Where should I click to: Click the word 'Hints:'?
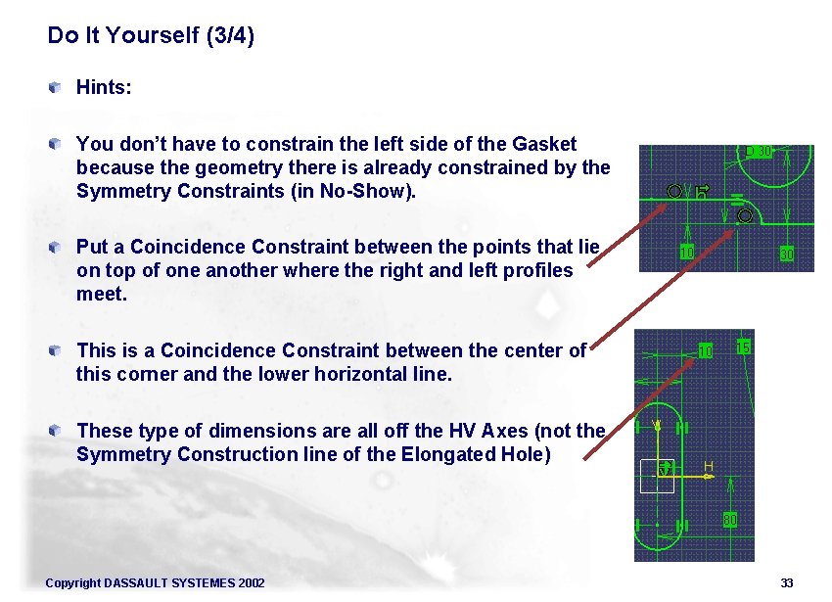point(104,88)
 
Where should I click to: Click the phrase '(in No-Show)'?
point(366,191)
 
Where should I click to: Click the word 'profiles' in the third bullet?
point(538,270)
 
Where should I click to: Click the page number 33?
point(787,583)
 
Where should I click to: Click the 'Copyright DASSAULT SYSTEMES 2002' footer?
point(155,583)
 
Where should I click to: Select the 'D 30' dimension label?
point(760,152)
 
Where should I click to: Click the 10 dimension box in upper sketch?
point(687,253)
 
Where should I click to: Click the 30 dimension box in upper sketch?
point(785,255)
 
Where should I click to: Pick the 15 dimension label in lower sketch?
point(743,347)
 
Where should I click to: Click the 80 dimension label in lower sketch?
point(729,520)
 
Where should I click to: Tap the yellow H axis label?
point(707,466)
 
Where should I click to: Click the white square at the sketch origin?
point(657,476)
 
